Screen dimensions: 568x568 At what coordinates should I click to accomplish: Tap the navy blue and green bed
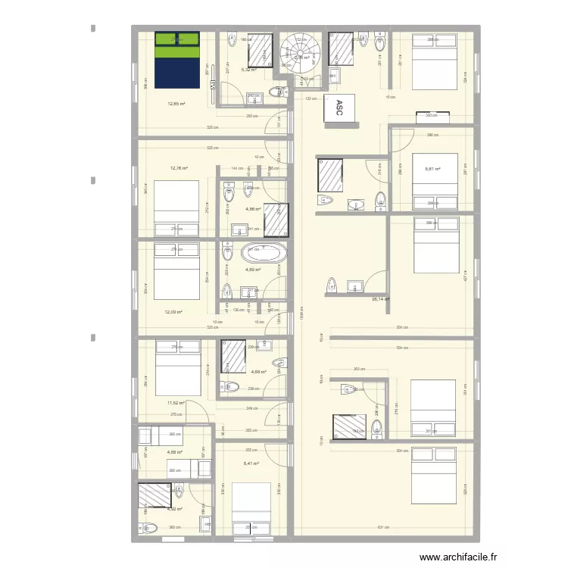(x=177, y=60)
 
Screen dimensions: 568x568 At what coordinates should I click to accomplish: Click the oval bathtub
(x=264, y=253)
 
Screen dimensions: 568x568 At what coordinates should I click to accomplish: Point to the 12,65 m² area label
(x=178, y=105)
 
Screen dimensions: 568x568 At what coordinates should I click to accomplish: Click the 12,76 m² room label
(x=179, y=169)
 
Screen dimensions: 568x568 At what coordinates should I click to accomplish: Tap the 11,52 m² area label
(x=176, y=404)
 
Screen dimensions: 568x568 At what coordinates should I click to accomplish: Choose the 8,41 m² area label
(x=251, y=463)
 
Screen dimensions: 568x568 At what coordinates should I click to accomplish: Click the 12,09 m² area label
(x=174, y=311)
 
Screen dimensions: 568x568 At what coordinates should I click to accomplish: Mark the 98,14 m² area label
(x=379, y=299)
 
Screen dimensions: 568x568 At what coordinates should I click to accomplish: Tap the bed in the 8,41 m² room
(x=251, y=507)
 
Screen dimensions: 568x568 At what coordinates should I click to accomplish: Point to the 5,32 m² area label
(x=248, y=70)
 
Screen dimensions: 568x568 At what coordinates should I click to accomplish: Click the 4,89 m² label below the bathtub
(x=252, y=269)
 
